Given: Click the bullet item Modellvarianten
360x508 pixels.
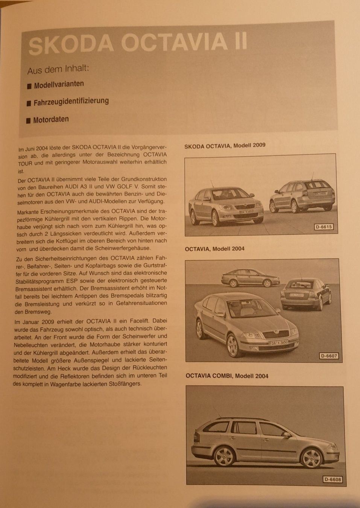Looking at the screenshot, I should click(59, 85).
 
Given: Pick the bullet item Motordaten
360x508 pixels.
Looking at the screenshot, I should click(51, 120).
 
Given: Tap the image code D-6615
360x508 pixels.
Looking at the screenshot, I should click(324, 227).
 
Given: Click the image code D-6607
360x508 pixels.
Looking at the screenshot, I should click(329, 356).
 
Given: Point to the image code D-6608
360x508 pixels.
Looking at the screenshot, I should click(333, 479).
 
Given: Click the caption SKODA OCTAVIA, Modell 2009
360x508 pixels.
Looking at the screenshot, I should click(225, 145).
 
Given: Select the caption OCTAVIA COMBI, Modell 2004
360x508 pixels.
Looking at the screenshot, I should click(227, 376).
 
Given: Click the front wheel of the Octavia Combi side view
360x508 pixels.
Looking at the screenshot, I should click(312, 457).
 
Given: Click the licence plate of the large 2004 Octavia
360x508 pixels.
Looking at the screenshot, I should click(279, 343).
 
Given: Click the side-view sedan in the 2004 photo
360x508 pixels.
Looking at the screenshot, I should click(250, 278).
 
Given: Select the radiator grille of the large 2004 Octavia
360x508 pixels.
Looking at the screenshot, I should click(276, 334).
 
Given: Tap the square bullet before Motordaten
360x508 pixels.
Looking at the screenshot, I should click(28, 121).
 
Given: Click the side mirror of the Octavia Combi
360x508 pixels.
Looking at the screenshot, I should click(287, 435).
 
